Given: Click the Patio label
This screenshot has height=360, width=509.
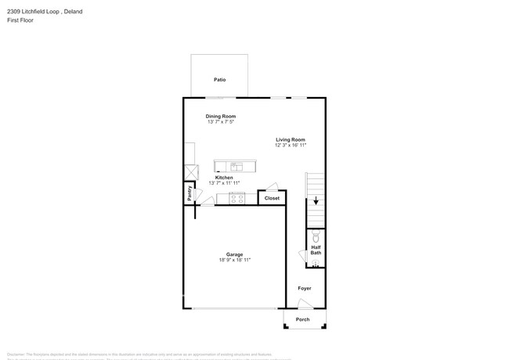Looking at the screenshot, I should pyautogui.click(x=220, y=80).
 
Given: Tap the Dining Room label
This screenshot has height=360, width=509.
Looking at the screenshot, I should pyautogui.click(x=221, y=116).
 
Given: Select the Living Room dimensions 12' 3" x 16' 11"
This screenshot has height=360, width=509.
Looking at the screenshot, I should pyautogui.click(x=291, y=146).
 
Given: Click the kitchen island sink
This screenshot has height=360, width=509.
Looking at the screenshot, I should pyautogui.click(x=236, y=166).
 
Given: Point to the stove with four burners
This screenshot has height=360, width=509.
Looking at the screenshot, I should pyautogui.click(x=236, y=198).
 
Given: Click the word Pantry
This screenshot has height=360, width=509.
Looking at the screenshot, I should pyautogui.click(x=189, y=193).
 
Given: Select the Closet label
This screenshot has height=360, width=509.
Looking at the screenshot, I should pyautogui.click(x=272, y=198).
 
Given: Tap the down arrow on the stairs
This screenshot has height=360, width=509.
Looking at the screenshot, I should pyautogui.click(x=316, y=200).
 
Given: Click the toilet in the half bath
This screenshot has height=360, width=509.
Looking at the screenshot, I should pyautogui.click(x=316, y=236).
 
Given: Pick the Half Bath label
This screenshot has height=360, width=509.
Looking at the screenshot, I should pyautogui.click(x=316, y=250).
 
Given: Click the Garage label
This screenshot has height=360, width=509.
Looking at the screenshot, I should pyautogui.click(x=234, y=254).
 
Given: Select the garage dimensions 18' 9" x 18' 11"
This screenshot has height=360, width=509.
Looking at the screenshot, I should pyautogui.click(x=235, y=260).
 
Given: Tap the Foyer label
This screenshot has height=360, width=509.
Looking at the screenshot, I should pyautogui.click(x=305, y=288).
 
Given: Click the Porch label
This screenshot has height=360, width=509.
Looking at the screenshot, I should pyautogui.click(x=302, y=319).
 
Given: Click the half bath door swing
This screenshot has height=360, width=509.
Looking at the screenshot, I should pyautogui.click(x=302, y=256).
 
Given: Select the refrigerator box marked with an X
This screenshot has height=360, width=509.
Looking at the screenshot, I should pyautogui.click(x=190, y=172).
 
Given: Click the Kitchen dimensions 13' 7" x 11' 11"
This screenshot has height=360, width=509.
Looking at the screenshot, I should pyautogui.click(x=224, y=183).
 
